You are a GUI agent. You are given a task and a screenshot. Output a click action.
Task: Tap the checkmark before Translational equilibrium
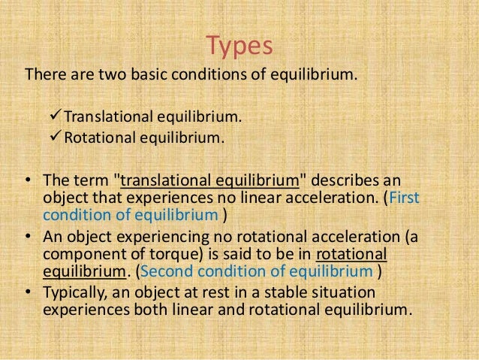tap(53, 117)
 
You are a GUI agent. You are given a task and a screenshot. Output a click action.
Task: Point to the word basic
tap(161, 76)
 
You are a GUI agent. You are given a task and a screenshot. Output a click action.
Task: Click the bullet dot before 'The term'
tap(27, 183)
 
